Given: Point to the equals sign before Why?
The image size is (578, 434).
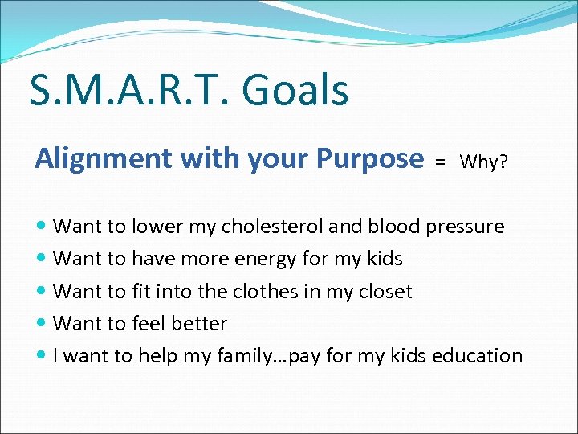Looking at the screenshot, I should pos(440,162).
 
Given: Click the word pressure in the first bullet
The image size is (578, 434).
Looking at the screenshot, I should pos(465,227).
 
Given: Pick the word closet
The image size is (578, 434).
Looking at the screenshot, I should pos(381,291).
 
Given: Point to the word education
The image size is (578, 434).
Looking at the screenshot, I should pos(477,355).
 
